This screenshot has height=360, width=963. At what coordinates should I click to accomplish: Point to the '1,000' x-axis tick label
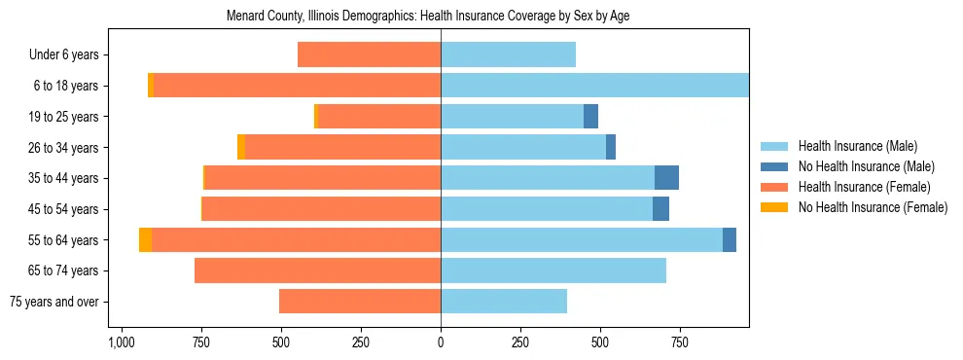[121, 343]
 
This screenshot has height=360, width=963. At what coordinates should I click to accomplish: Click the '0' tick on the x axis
[441, 343]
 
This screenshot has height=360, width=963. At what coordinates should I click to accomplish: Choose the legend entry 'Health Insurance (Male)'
[857, 146]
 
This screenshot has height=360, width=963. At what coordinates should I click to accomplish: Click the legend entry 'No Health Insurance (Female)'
[873, 207]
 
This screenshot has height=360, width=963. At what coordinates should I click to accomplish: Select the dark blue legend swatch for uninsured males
[774, 166]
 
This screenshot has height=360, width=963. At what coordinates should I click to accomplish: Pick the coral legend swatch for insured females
[774, 187]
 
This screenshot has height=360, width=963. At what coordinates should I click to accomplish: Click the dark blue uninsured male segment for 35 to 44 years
[666, 177]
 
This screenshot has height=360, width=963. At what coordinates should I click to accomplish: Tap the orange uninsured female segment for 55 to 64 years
[145, 239]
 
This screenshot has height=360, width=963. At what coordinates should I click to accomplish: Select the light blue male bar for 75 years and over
[504, 302]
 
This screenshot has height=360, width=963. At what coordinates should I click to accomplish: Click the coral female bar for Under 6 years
[369, 54]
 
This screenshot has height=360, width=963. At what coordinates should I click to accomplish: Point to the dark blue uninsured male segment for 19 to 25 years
[590, 116]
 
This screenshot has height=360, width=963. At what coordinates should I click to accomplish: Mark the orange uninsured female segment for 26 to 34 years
[241, 147]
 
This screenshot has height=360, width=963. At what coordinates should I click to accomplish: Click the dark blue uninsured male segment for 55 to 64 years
[730, 239]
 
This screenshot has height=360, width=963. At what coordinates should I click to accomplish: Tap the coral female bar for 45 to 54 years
[321, 208]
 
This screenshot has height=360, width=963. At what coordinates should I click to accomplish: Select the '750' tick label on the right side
[680, 343]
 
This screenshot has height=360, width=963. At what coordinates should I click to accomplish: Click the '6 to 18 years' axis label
[66, 86]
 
